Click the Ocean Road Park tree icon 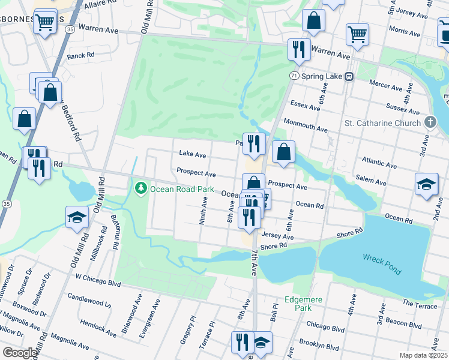coord(141,188)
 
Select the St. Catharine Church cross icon coord(430,123)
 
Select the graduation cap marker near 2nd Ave coord(426,183)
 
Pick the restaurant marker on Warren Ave coord(298,49)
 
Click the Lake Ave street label coord(192,154)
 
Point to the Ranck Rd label coord(81,56)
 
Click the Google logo coord(20,353)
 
